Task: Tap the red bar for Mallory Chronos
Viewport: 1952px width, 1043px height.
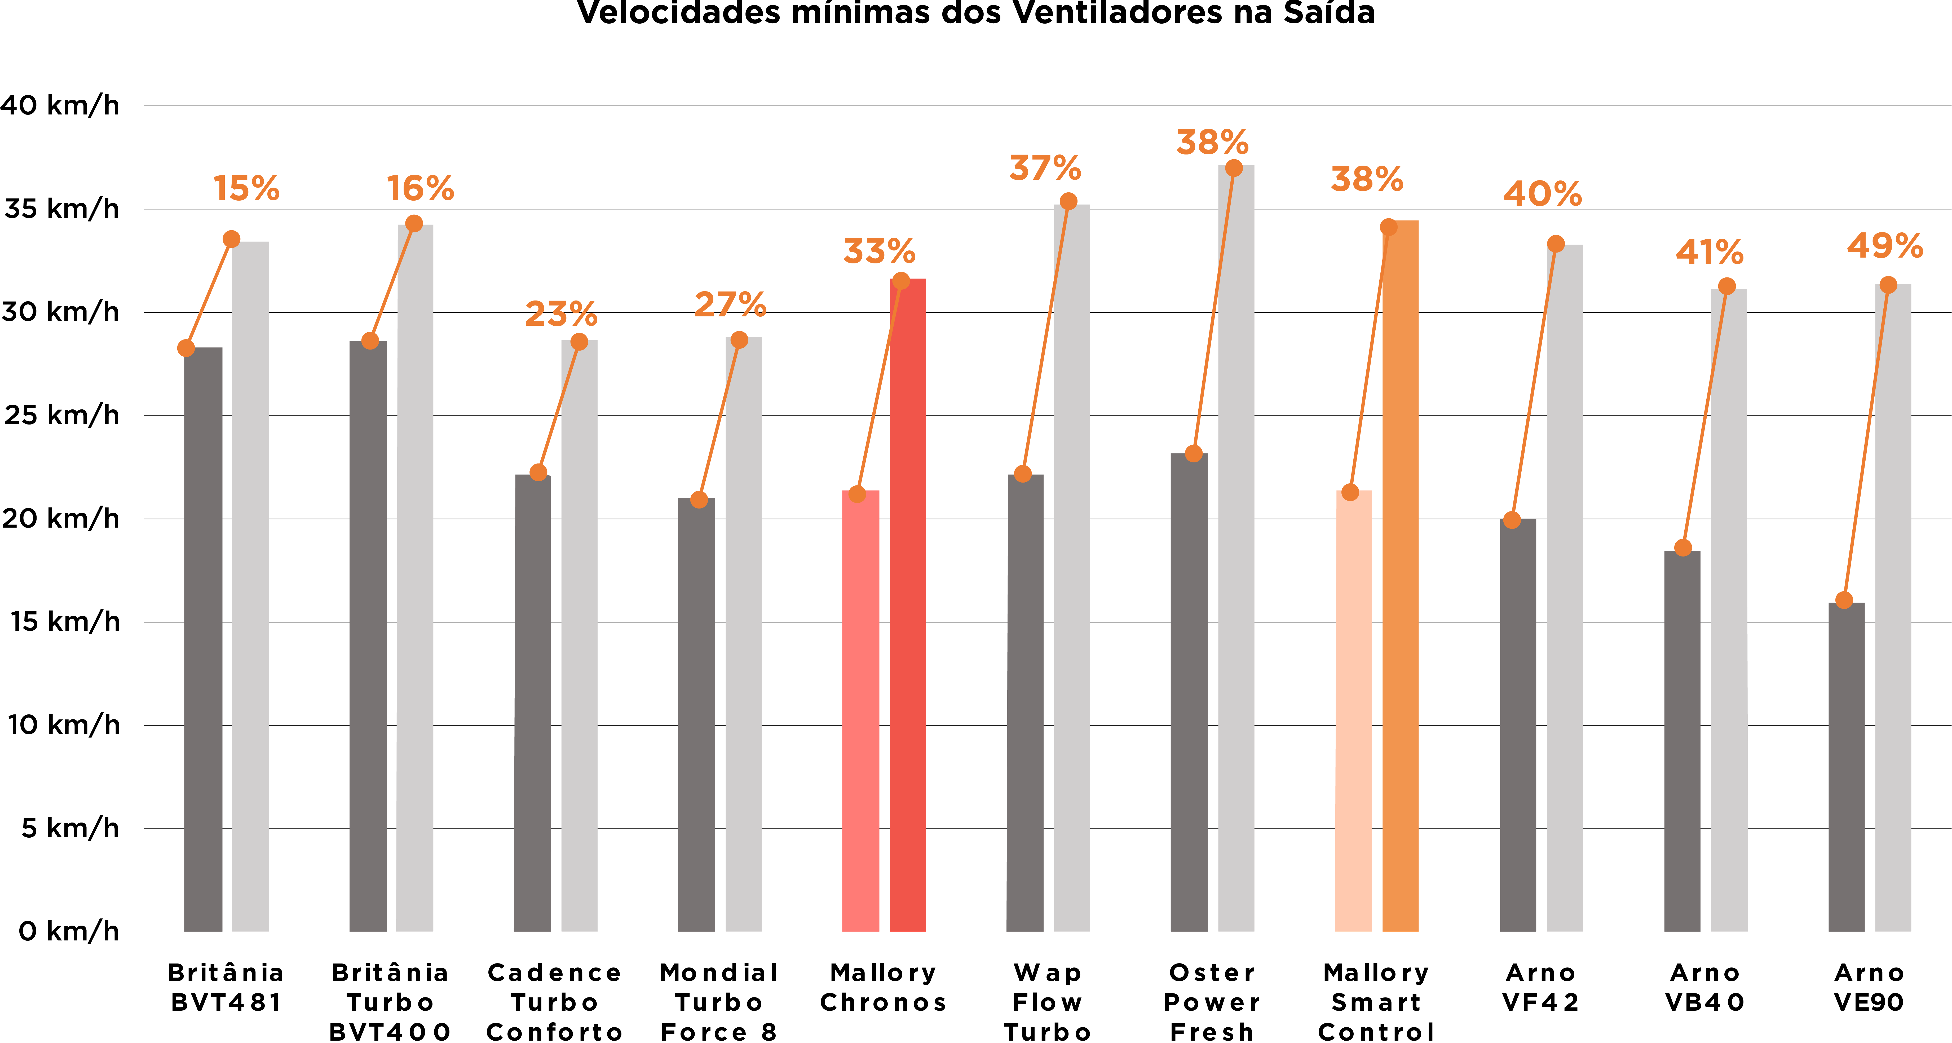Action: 907,606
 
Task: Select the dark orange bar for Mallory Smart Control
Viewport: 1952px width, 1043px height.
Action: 1400,576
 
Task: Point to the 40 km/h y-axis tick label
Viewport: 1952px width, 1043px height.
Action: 60,105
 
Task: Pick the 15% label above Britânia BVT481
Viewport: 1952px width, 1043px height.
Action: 246,189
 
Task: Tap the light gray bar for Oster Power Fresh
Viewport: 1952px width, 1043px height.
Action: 1236,546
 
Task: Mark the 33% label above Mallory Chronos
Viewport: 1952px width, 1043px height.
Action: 879,252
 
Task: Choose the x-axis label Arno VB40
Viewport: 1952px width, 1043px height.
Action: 1705,988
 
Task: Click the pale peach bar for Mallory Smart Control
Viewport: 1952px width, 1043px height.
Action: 1353,713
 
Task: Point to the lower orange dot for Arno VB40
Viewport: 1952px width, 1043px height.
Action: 1683,547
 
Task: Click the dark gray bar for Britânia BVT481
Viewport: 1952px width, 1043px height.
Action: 203,637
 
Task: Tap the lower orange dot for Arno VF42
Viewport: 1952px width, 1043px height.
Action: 1512,520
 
